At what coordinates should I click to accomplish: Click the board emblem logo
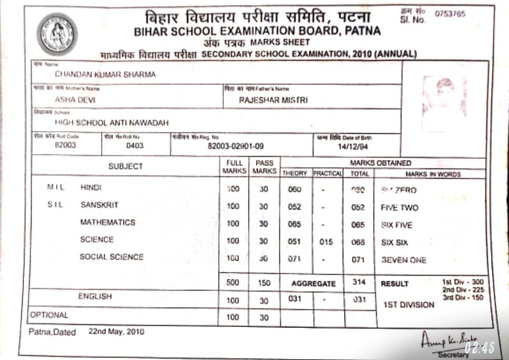[57, 34]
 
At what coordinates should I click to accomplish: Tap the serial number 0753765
[450, 14]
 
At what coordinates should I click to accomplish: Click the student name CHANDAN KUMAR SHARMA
[105, 74]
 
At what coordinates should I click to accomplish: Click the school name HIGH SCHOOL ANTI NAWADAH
[112, 123]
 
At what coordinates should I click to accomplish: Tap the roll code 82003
[65, 145]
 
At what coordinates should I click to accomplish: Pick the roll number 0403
[135, 146]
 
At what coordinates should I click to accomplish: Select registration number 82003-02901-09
[236, 146]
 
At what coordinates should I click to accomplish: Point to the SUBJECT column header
[125, 166]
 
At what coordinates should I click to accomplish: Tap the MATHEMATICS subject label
[107, 222]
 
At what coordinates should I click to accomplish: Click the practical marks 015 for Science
[326, 242]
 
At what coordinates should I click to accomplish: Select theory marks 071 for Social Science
[295, 259]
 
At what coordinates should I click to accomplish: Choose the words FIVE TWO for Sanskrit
[399, 208]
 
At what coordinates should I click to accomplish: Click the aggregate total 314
[359, 282]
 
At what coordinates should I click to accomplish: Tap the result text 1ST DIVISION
[409, 305]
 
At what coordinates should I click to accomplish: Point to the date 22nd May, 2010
[116, 332]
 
